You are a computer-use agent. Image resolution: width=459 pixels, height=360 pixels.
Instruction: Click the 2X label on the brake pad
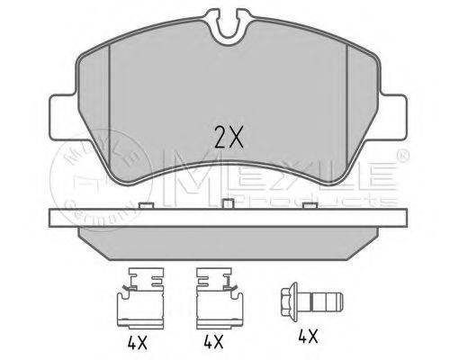(229, 138)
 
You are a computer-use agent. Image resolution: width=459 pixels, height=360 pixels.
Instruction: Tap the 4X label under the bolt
(308, 337)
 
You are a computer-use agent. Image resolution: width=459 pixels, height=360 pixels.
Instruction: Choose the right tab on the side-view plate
(310, 205)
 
